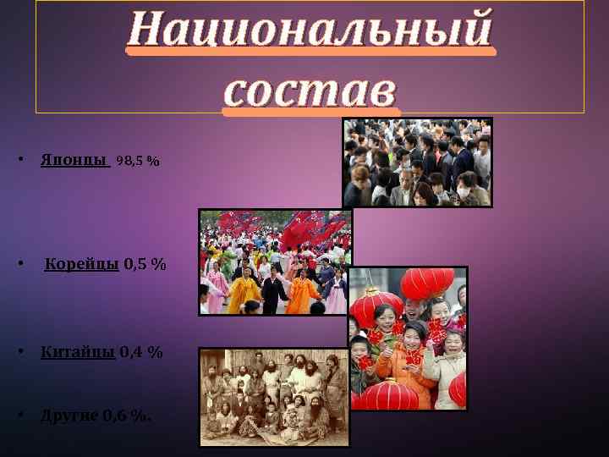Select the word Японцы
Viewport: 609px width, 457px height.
[74, 160]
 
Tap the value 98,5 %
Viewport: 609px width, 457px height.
[138, 160]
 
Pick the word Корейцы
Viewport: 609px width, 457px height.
[81, 264]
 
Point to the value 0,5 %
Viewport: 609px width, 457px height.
[145, 264]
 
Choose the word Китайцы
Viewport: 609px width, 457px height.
[78, 351]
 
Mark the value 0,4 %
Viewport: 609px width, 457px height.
[141, 351]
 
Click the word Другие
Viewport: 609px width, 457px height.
[70, 415]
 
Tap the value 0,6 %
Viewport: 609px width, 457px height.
[128, 415]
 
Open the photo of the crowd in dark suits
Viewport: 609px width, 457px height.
[417, 162]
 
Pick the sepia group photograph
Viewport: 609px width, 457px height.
[274, 397]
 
